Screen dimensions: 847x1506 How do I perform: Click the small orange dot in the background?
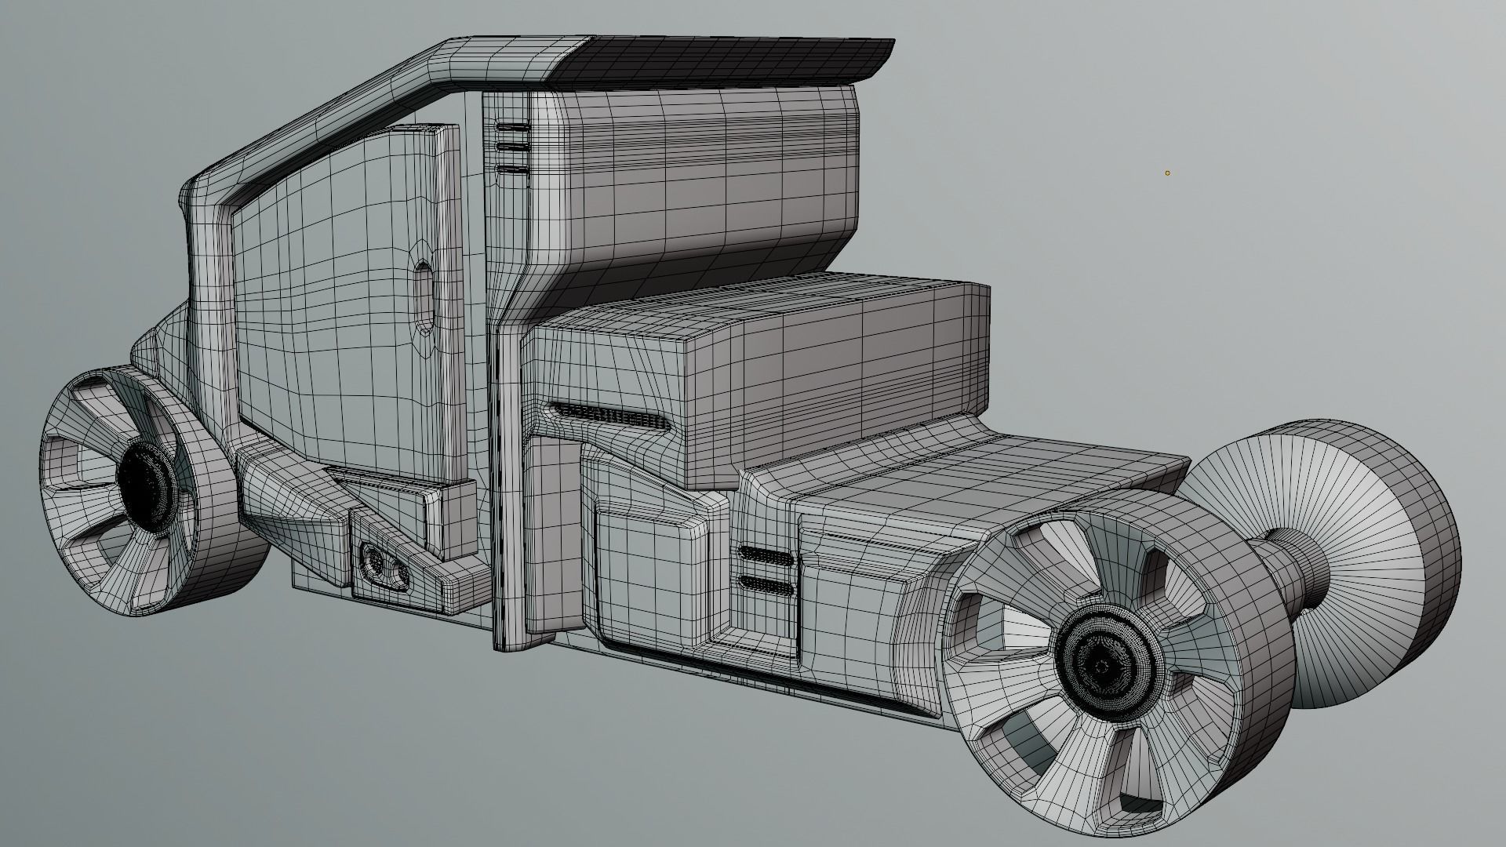(1167, 173)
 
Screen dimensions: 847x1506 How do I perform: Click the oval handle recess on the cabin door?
(424, 297)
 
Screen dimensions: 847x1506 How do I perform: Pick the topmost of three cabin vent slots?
(512, 127)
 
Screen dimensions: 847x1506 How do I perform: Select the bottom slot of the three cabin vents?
(512, 169)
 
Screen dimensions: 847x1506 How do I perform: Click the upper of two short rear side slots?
(765, 556)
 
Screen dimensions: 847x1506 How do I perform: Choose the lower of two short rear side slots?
(765, 583)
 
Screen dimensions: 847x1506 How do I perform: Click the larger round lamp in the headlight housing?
(373, 561)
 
